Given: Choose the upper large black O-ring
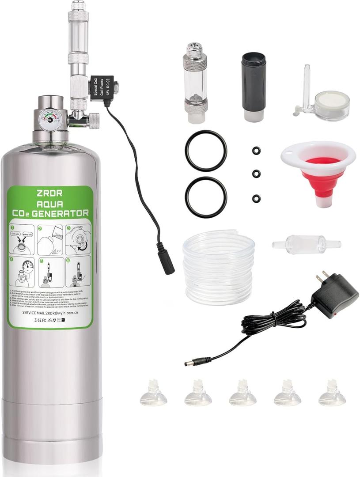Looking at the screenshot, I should [x=206, y=150].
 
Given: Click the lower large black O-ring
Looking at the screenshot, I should [x=206, y=197].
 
